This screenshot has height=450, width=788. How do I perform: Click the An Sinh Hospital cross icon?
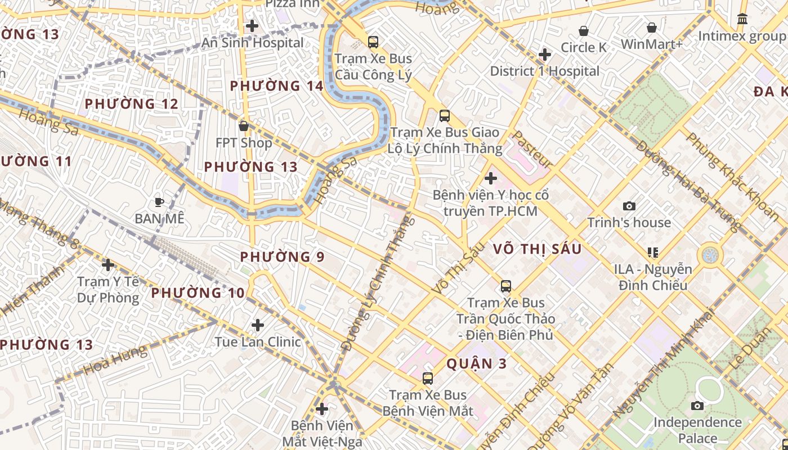coord(252,26)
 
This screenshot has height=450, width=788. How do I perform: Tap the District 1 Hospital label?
coord(544,71)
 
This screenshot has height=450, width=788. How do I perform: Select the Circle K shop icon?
coord(584,30)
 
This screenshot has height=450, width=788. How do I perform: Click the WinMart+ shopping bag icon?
coord(651,27)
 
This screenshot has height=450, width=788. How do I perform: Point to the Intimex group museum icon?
coord(742,19)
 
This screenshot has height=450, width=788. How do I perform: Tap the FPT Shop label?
coord(244,143)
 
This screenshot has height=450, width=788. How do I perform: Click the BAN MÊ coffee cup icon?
coord(159,202)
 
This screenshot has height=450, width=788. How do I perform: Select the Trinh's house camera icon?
coord(629,206)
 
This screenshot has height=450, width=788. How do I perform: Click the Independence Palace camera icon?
coord(697,406)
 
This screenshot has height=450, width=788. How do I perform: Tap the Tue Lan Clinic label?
coord(258,342)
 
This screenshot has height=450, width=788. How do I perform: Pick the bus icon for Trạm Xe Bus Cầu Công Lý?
coord(373,42)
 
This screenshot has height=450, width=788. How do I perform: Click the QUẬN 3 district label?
coord(477,364)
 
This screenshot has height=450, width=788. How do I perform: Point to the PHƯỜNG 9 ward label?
coord(282,257)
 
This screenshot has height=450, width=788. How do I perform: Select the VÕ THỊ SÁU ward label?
coord(537,249)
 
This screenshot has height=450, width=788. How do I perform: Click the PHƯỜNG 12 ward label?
coord(131,104)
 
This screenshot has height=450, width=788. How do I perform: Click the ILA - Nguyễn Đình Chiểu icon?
coord(653,253)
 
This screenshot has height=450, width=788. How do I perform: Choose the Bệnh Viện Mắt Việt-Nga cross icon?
coord(322,408)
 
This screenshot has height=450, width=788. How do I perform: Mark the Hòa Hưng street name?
coord(115,361)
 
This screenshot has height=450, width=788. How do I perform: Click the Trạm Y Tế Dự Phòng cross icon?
coord(108,265)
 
